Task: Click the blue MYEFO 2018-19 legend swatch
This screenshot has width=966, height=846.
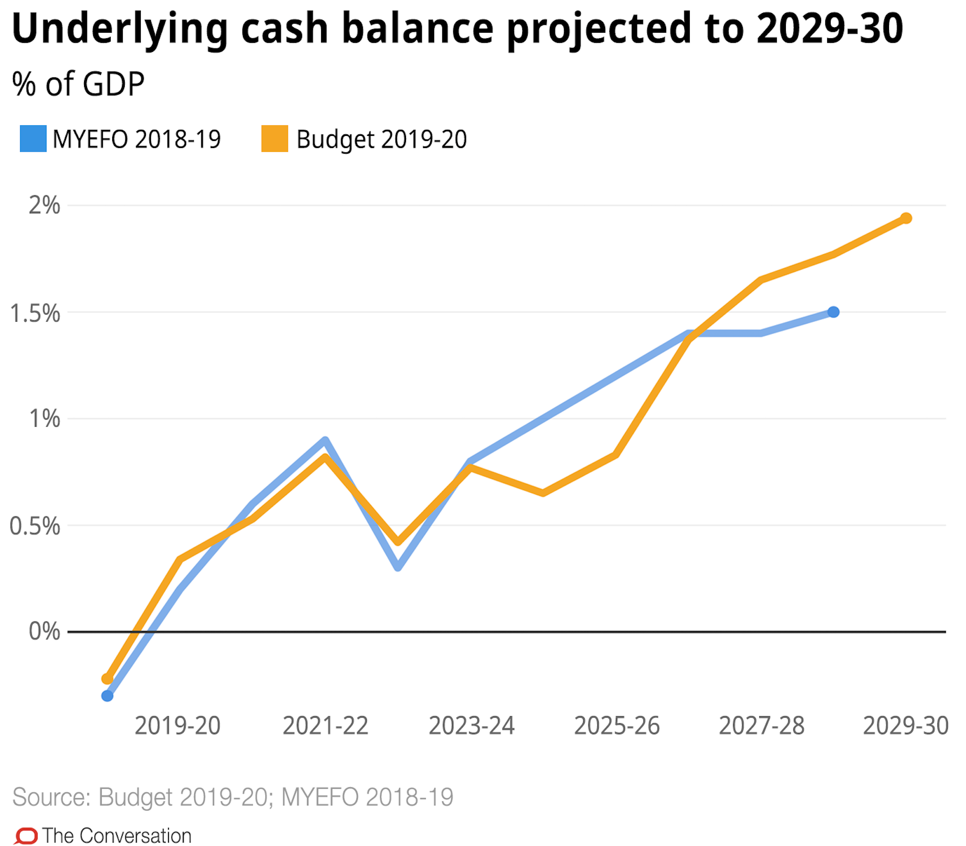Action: tap(33, 139)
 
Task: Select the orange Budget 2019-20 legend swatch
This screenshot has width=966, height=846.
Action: tap(275, 139)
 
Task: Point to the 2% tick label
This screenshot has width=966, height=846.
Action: tap(44, 205)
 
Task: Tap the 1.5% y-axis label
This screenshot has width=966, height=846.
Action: tap(35, 313)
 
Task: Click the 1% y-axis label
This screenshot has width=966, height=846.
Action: tap(44, 419)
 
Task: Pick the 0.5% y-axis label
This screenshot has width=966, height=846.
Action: tap(35, 526)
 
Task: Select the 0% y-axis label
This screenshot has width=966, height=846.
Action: tap(44, 631)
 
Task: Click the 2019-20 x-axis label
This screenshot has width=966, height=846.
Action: tap(178, 726)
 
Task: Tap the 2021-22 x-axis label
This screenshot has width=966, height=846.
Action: tap(326, 726)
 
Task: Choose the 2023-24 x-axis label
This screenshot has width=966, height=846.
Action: tap(471, 726)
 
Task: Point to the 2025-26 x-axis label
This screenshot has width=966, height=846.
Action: tap(617, 726)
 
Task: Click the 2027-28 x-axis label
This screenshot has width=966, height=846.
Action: tap(762, 726)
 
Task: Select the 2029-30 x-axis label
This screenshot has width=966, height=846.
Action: tap(906, 726)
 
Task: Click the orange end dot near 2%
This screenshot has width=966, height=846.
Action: tap(906, 218)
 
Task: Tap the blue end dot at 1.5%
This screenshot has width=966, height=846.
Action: tap(833, 312)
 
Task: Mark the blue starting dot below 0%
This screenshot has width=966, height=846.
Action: tap(107, 696)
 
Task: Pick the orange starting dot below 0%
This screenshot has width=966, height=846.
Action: tap(107, 679)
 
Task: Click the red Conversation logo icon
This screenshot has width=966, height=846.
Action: tap(26, 836)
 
